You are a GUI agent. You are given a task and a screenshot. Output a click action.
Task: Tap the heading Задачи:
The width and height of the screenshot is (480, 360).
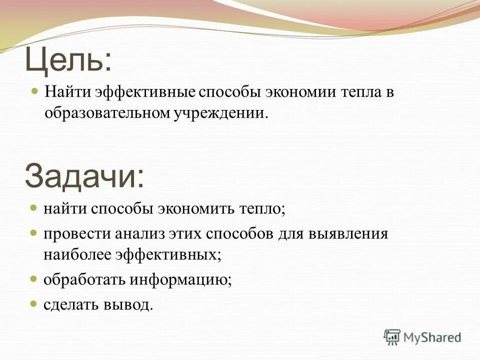point(84,175)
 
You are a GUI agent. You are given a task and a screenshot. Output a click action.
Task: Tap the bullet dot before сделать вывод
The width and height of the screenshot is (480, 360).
point(34,303)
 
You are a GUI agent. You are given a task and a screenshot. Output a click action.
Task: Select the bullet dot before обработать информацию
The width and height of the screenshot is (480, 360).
point(34,278)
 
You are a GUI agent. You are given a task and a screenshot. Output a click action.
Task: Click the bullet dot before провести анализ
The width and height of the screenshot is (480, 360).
point(34,233)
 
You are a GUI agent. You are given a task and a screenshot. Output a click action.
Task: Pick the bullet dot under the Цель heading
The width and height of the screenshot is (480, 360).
point(34,92)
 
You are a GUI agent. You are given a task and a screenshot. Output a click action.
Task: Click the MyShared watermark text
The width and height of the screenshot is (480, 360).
point(431,337)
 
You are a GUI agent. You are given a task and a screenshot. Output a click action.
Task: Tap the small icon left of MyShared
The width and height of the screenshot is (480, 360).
point(392,337)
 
